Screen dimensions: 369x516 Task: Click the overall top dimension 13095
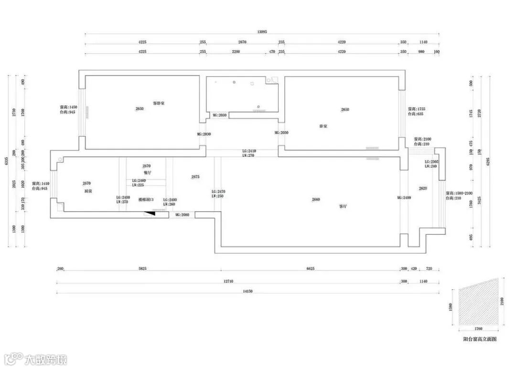pos(262,32)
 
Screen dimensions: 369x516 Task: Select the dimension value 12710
pos(228,282)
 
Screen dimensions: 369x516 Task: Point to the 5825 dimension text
pos(142,269)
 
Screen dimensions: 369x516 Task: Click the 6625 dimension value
pos(311,269)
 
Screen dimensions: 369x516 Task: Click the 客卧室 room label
pos(159,103)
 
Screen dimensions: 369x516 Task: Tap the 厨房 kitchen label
pos(87,191)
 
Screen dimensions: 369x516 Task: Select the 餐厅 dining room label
pos(147,173)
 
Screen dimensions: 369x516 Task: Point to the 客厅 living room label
pos(343,207)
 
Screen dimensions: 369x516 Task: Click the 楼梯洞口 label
pos(146,200)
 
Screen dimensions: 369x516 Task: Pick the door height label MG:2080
pos(182,215)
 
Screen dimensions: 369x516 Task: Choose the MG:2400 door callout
pos(404,197)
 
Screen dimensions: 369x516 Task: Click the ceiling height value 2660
pos(316,199)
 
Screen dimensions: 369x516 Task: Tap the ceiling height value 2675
pos(195,177)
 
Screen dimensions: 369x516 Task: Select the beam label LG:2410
pos(249,151)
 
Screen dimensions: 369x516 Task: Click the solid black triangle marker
pos(152,214)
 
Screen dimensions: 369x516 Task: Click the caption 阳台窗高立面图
pos(480,339)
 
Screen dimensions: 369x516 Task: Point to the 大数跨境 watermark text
pos(46,359)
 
